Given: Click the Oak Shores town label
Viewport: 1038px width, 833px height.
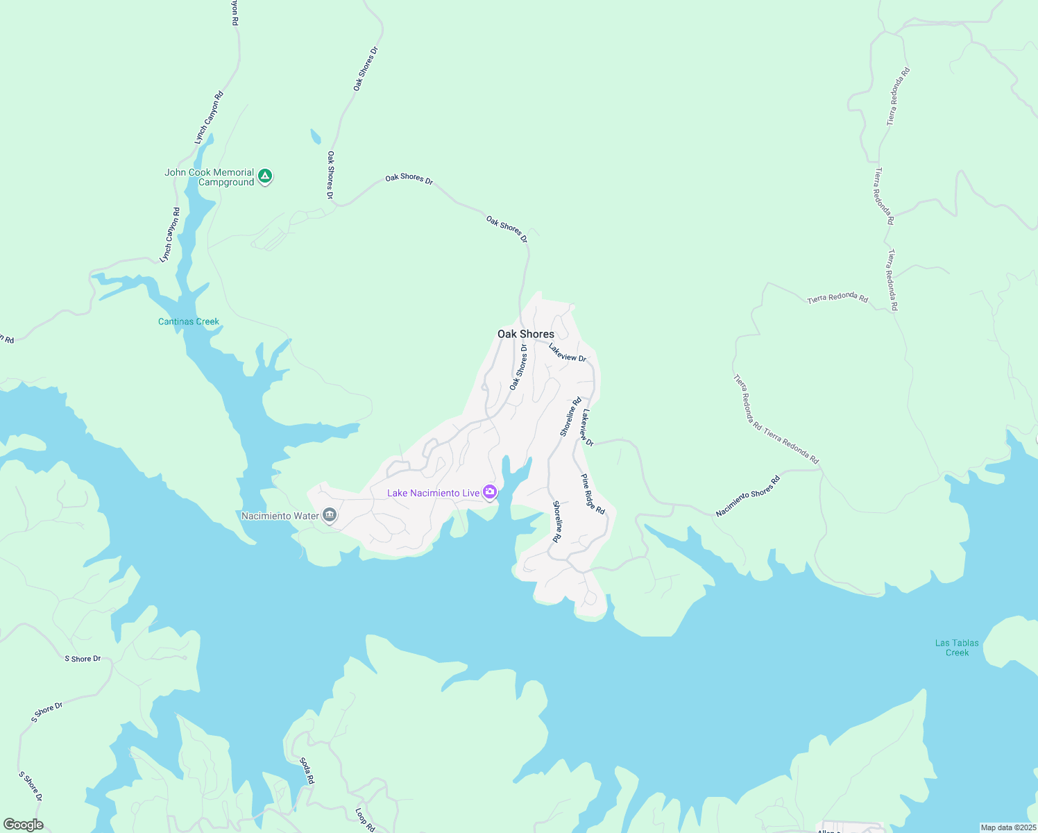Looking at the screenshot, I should click(x=526, y=334).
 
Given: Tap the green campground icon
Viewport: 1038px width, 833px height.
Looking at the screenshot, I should click(x=264, y=176).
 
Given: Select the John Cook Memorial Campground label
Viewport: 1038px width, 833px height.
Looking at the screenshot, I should click(x=210, y=178).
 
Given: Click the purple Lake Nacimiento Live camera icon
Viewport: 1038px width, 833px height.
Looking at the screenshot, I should click(x=490, y=492).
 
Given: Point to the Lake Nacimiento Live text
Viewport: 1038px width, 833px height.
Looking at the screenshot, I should click(x=434, y=493).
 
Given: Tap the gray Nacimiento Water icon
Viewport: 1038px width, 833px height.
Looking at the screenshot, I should click(x=330, y=515).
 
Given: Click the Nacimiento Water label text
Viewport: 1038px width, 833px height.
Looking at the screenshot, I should click(x=280, y=516).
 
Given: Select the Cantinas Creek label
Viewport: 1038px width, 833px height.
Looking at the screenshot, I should click(x=189, y=321).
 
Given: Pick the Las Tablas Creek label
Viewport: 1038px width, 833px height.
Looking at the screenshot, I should click(x=957, y=648).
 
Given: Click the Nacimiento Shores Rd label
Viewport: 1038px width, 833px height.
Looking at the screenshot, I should click(x=748, y=496).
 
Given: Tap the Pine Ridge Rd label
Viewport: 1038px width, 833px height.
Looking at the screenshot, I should click(x=593, y=494).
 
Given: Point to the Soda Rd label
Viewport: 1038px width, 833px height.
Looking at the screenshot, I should click(x=307, y=771).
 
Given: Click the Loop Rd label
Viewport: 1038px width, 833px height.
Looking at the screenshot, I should click(x=365, y=820).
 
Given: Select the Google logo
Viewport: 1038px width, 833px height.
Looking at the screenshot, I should click(x=23, y=825).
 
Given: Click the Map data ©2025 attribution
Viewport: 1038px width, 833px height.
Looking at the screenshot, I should click(x=1008, y=827).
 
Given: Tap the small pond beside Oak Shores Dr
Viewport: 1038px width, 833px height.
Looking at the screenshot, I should click(x=316, y=136).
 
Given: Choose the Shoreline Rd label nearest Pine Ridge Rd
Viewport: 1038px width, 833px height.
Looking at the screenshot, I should click(x=556, y=521).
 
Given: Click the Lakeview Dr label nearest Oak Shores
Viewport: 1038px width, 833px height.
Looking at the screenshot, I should click(x=568, y=352).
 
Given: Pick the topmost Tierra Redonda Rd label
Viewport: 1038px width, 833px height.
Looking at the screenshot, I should click(x=897, y=96).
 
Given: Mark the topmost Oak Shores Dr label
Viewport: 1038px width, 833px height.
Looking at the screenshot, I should click(x=366, y=69).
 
